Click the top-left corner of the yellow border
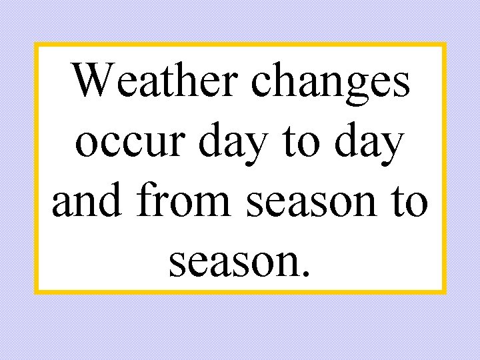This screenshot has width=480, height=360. point(36,45)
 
